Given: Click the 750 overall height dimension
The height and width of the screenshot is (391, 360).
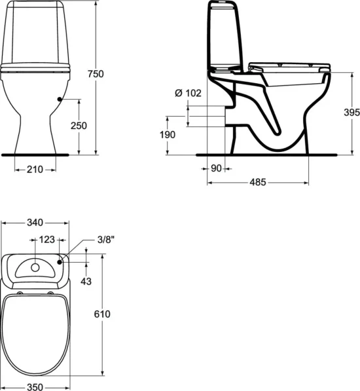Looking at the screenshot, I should point(96,75).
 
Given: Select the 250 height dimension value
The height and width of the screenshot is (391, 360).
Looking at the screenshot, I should point(79,125).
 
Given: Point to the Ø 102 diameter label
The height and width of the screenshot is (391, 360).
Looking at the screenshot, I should point(188,94).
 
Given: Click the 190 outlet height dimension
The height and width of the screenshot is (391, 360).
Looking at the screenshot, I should point(168,134).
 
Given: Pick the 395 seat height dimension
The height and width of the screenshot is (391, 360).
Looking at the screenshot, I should point(350,112).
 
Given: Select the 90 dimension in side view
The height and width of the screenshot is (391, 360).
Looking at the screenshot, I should point(216,168).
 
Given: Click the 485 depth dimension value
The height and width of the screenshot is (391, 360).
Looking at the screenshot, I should point(257,183).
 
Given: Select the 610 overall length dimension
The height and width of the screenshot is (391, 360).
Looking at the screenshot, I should point(102,314).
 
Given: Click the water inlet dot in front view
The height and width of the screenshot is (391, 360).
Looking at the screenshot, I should point(60,99).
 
